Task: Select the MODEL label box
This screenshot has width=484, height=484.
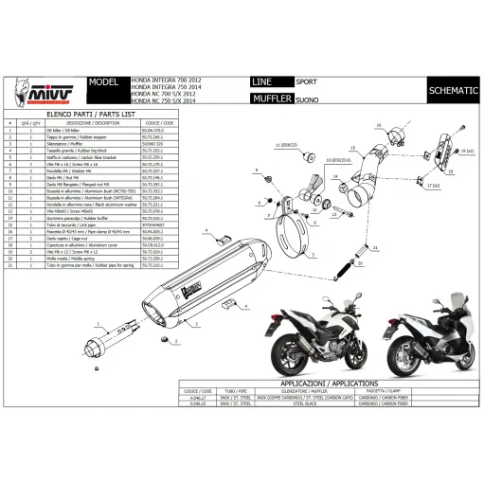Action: point(101,82)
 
